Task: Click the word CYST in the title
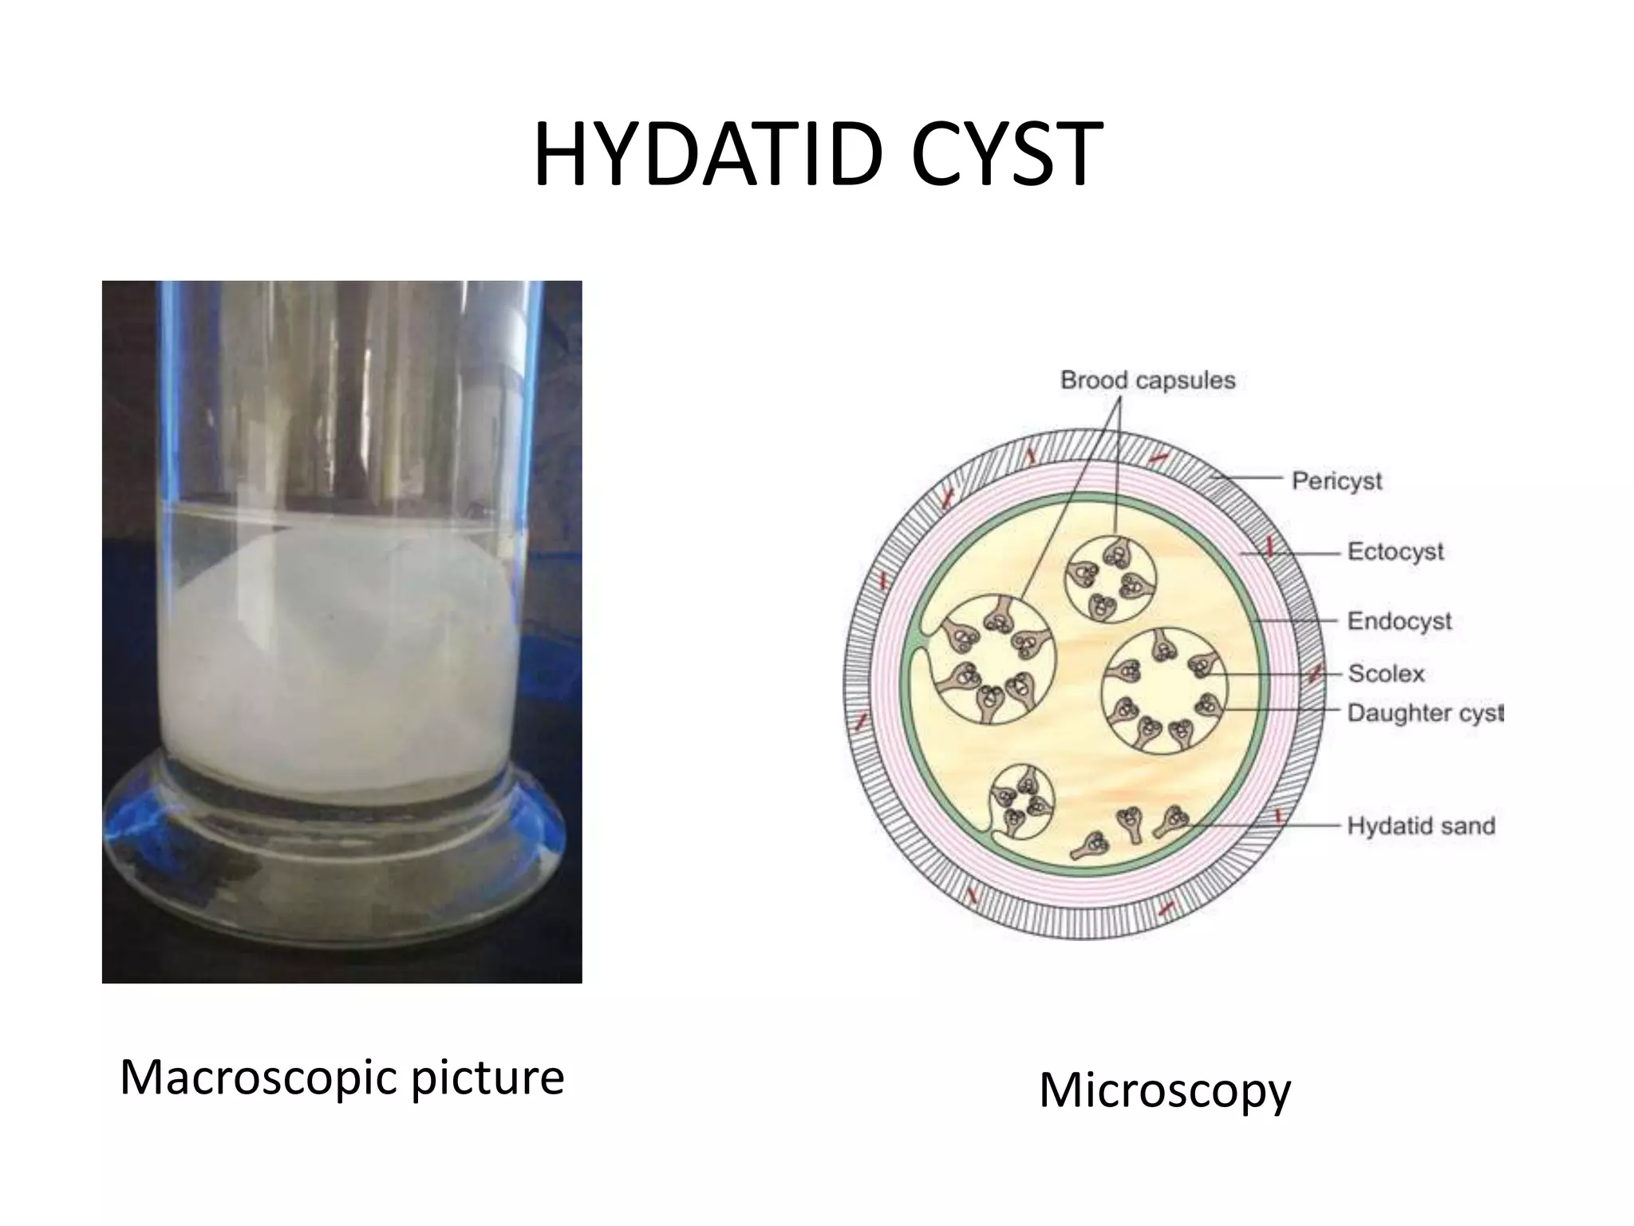[1006, 156]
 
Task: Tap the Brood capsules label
[1147, 380]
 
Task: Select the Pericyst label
[1336, 481]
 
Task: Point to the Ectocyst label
[1395, 551]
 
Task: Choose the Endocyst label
[1399, 620]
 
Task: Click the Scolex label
[1386, 673]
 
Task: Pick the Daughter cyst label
[1425, 712]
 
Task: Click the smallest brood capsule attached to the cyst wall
[1020, 801]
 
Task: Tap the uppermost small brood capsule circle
[1111, 577]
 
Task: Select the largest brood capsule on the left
[994, 660]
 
